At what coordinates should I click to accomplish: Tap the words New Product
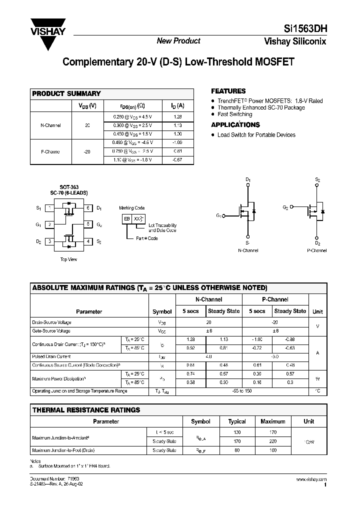click(178, 41)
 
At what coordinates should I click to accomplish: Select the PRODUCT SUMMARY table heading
click(66, 93)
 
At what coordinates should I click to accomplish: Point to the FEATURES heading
click(228, 91)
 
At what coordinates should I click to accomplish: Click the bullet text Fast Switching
click(235, 114)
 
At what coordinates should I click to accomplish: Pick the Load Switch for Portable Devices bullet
click(256, 135)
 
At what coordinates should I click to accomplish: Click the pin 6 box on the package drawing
click(88, 207)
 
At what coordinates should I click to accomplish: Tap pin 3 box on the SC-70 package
click(49, 241)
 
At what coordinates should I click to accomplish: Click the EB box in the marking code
click(128, 219)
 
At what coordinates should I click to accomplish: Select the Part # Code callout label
click(147, 238)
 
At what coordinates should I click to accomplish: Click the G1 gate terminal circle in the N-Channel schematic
click(223, 216)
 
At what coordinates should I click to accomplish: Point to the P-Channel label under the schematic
click(316, 250)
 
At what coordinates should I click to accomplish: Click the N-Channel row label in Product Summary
click(50, 125)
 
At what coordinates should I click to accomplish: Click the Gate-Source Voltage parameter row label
click(51, 330)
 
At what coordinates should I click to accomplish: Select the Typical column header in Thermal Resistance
click(237, 421)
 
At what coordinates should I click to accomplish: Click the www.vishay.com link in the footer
click(311, 479)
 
